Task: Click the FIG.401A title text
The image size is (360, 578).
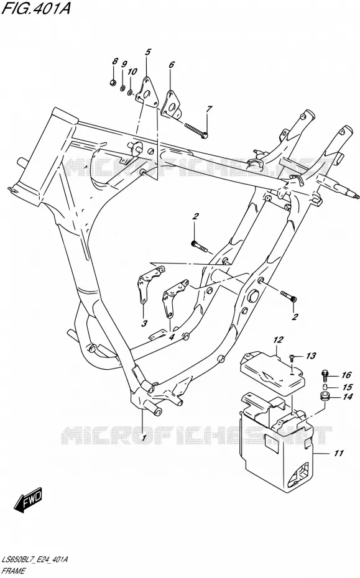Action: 36,7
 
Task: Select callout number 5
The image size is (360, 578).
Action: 147,52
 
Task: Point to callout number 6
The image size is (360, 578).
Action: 172,65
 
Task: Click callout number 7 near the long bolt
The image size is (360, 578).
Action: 209,109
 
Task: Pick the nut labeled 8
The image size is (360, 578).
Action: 113,83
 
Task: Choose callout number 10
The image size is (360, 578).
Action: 132,71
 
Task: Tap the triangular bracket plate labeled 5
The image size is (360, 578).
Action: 147,91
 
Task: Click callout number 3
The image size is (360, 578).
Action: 144,324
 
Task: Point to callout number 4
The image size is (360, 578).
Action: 171,337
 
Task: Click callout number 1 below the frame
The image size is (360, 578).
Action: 144,438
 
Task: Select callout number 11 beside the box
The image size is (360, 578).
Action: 339,453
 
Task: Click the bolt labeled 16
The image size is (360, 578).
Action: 325,375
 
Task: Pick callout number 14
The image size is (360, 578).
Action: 347,397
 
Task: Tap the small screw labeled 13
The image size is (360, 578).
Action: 292,357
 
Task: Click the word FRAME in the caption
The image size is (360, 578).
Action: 14,571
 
